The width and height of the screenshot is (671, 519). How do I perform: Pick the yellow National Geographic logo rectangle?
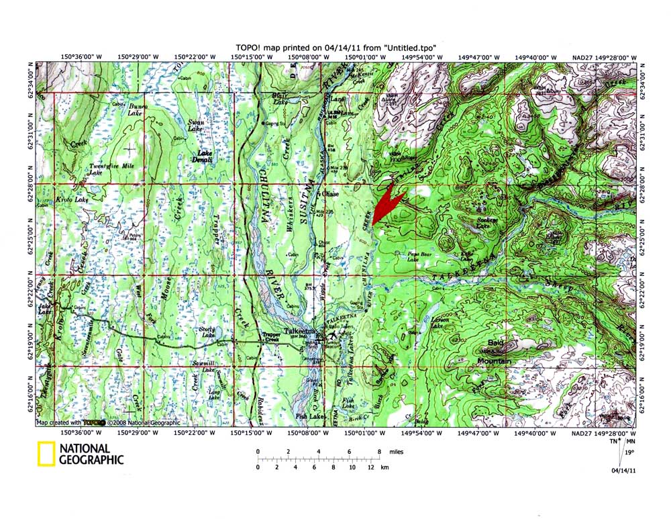click(46, 455)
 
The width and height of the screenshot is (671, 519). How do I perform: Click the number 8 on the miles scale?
click(380, 452)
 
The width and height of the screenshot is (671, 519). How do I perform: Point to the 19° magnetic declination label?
click(629, 453)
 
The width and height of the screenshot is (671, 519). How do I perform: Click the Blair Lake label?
click(279, 99)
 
